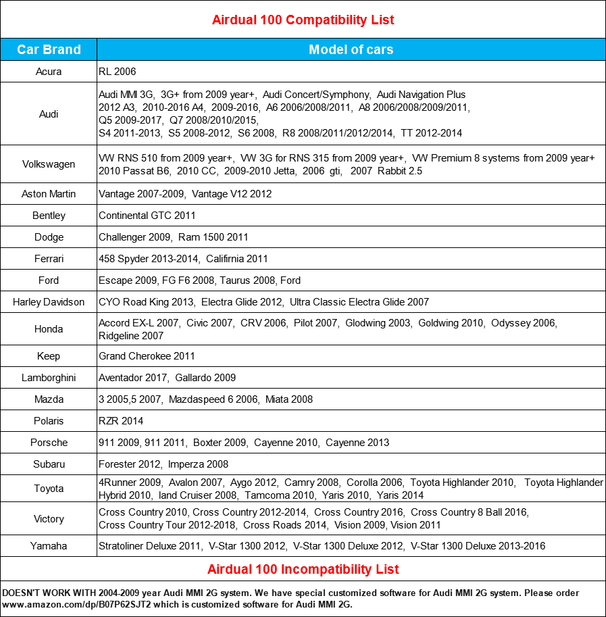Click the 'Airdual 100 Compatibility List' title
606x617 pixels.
303,20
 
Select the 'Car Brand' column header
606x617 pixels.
49,49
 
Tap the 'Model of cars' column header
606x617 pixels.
351,49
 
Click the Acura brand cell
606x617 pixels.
49,71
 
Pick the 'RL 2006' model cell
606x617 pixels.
118,71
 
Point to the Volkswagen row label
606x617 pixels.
49,164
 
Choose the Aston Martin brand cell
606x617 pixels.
49,194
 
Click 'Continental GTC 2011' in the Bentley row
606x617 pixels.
147,216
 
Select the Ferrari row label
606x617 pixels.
49,259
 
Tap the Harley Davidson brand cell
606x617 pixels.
49,302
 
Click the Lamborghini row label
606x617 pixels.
49,378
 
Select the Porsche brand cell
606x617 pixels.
49,443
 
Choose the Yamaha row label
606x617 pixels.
49,546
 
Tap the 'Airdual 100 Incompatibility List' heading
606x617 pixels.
303,569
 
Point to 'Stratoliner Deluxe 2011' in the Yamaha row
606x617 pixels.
149,546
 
